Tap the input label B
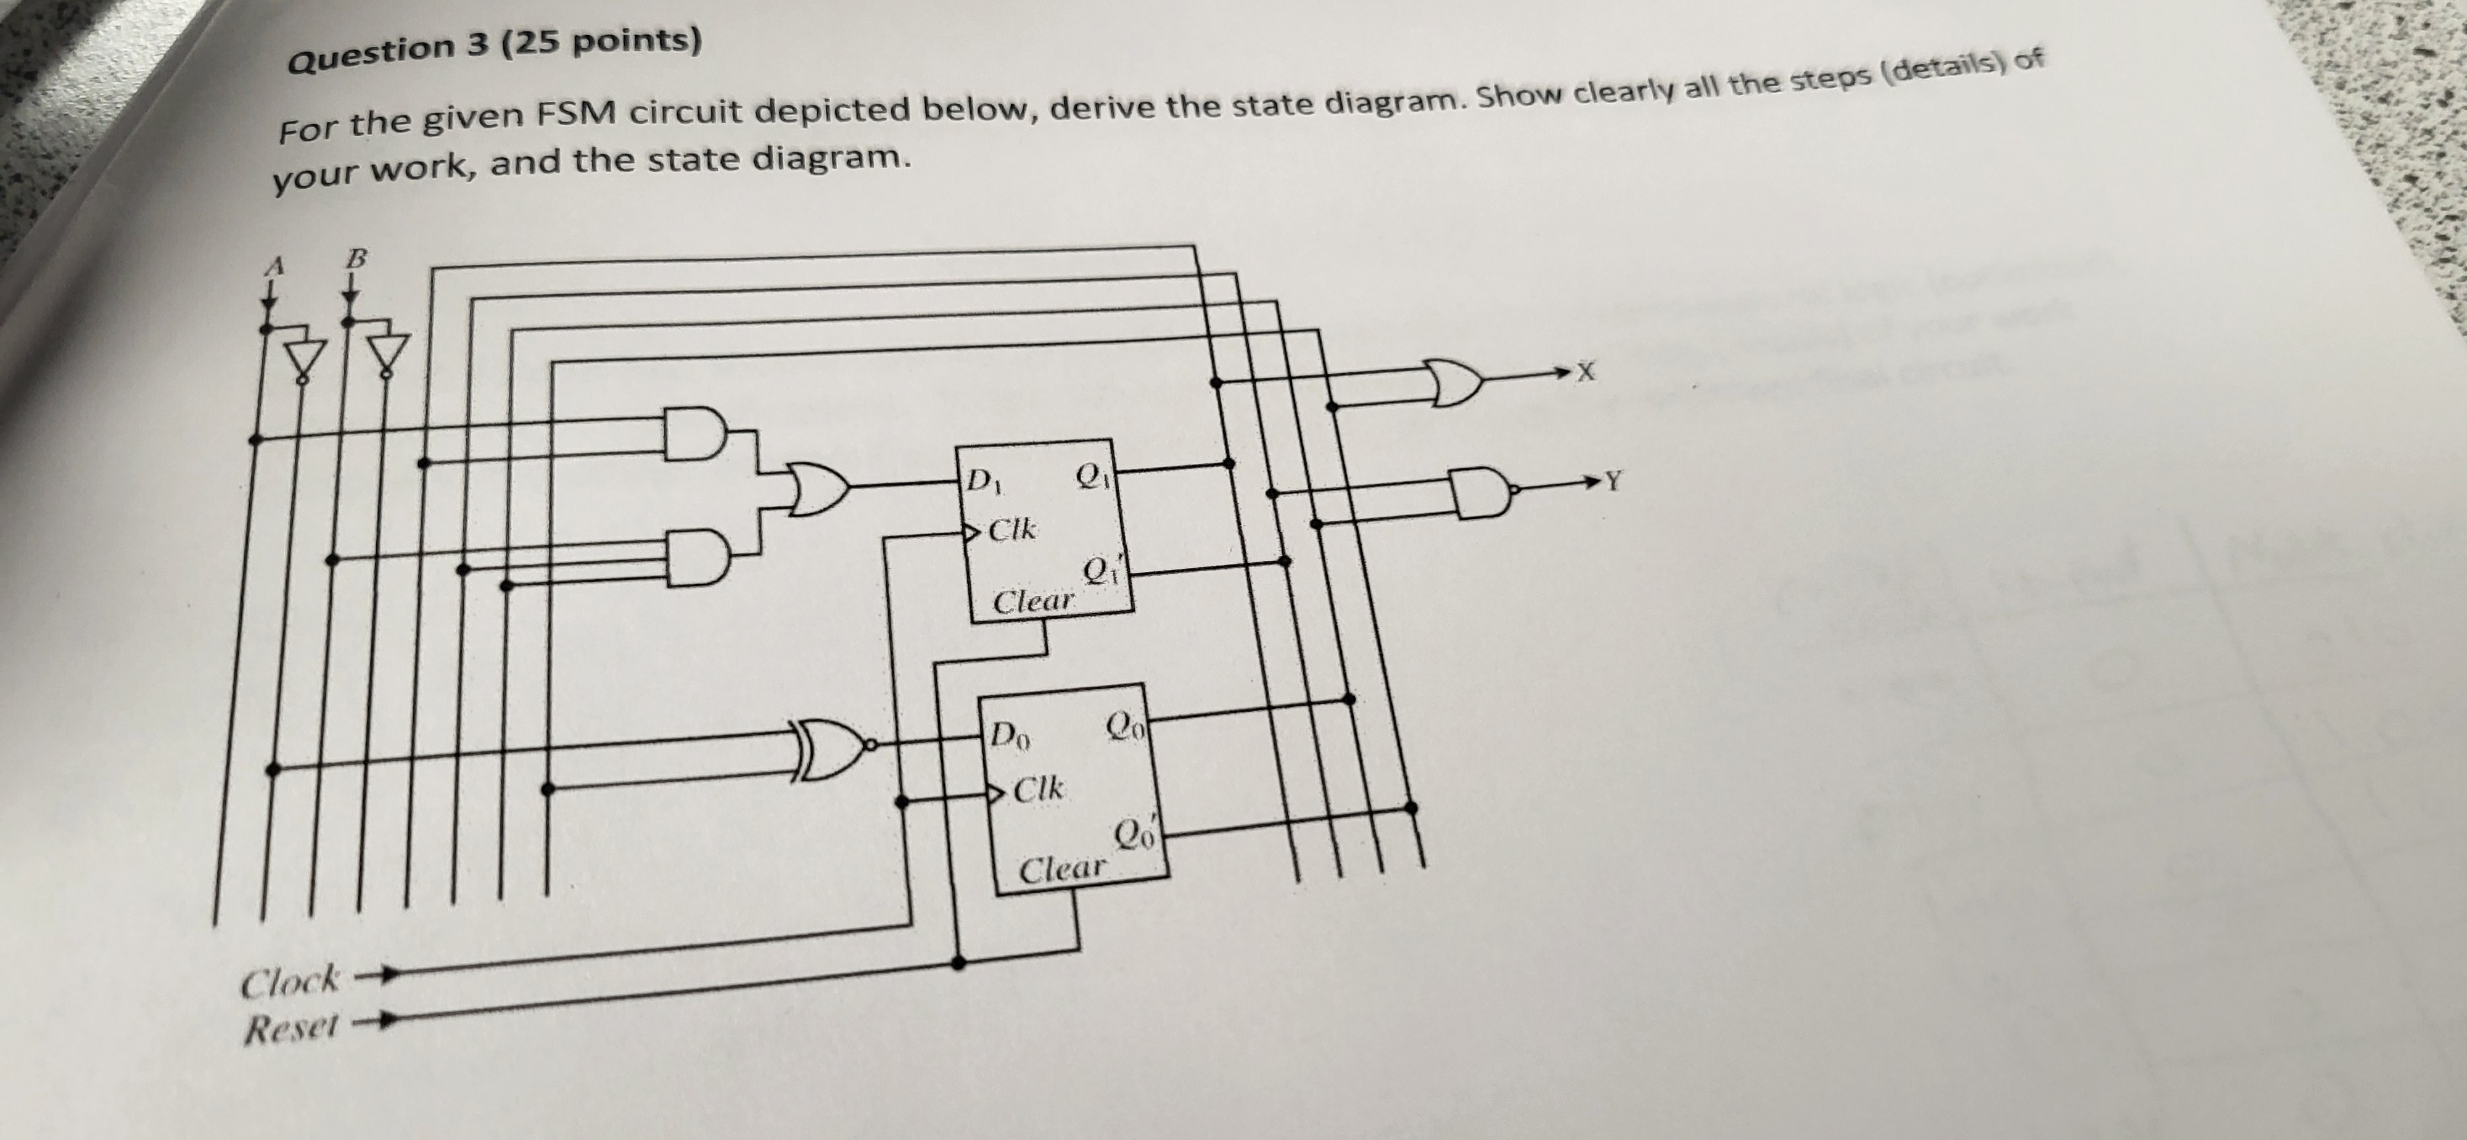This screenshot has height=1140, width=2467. pyautogui.click(x=356, y=258)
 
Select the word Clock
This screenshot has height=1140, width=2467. pyautogui.click(x=289, y=982)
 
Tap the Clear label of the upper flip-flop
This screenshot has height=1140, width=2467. pyautogui.click(x=1033, y=601)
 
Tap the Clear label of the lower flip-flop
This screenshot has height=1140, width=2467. pyautogui.click(x=1061, y=870)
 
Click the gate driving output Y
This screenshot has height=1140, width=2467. pyautogui.click(x=1483, y=492)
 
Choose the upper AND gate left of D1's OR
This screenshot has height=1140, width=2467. pyautogui.click(x=696, y=434)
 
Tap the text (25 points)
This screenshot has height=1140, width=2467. pyautogui.click(x=601, y=43)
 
